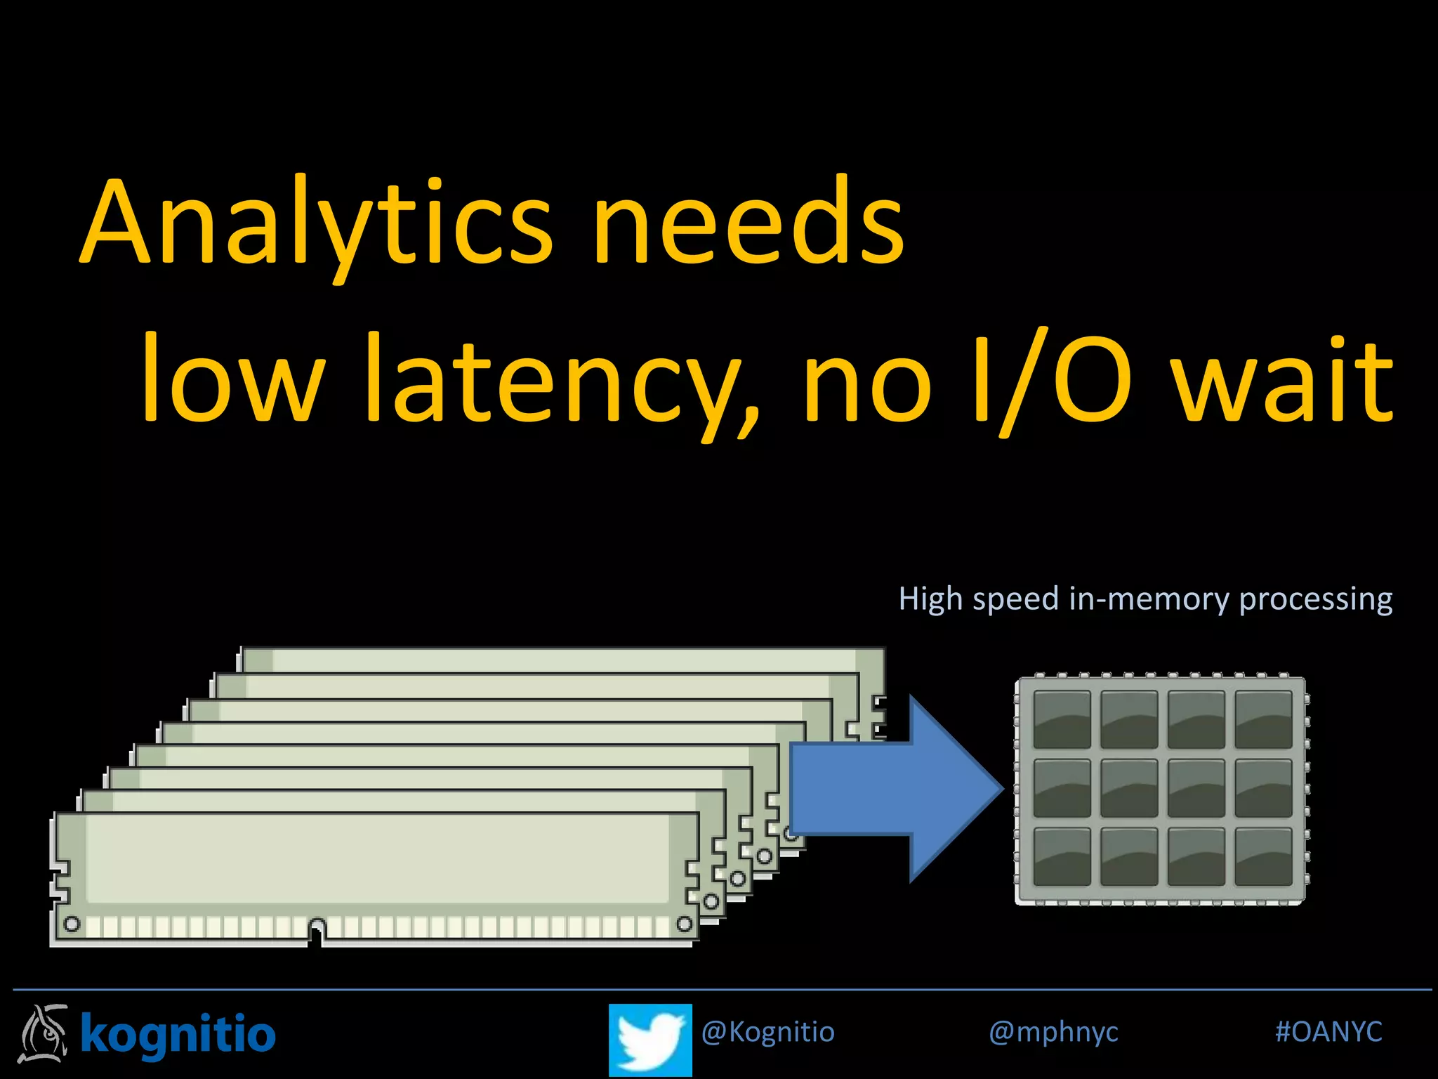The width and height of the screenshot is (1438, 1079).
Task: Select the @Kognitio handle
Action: (x=767, y=1032)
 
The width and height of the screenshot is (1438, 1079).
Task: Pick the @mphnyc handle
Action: (x=1053, y=1032)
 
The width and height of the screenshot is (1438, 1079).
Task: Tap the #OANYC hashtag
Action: (x=1328, y=1032)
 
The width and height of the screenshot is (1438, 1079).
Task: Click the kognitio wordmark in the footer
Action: (x=178, y=1034)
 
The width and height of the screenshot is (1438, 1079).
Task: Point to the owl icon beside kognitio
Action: (x=44, y=1033)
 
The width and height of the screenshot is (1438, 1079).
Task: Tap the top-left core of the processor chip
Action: (x=1062, y=719)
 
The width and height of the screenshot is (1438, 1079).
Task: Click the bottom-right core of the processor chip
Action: (x=1263, y=856)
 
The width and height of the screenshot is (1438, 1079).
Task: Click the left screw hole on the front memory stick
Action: (x=72, y=923)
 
